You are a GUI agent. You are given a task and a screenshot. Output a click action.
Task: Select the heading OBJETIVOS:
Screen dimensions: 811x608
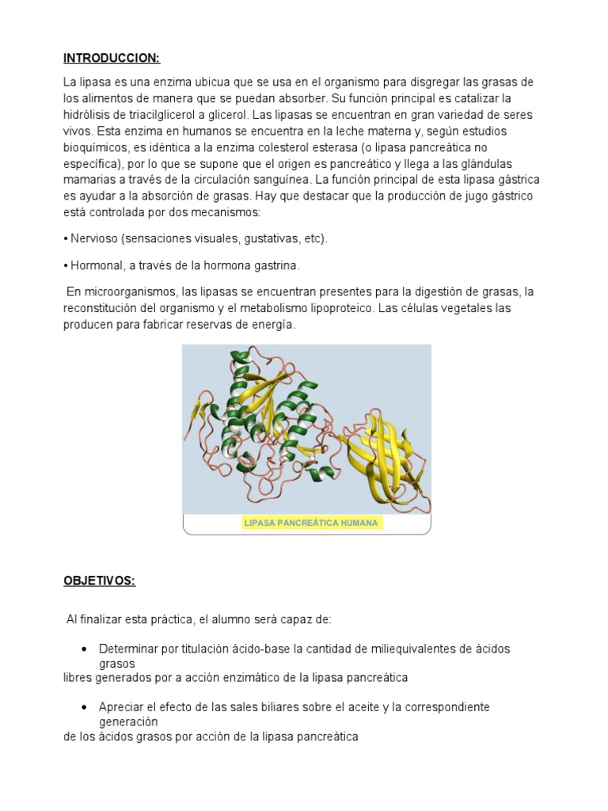point(100,581)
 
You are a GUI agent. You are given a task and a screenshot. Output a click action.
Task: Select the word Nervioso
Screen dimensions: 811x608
point(92,238)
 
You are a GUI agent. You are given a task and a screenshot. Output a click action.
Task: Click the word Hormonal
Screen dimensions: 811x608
point(93,265)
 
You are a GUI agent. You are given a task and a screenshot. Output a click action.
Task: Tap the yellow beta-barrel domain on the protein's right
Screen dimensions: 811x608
point(390,449)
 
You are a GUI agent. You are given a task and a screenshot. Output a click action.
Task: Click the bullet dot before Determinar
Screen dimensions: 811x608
point(84,649)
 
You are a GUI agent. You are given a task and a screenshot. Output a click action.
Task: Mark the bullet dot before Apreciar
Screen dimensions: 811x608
point(84,706)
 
